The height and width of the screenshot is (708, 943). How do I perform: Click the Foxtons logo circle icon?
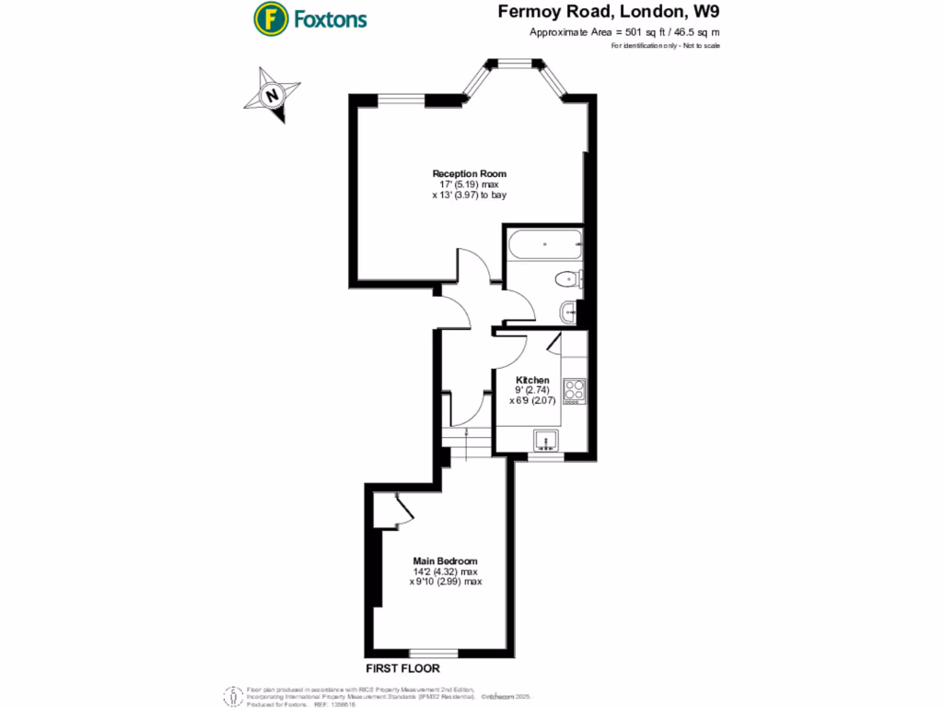269,18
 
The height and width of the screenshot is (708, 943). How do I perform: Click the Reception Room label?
470,173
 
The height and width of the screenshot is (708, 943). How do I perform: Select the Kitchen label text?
532,380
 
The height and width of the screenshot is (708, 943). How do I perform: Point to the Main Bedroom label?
445,561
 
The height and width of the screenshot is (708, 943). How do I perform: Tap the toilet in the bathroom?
565,279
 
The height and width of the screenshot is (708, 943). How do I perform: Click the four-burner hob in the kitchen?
576,390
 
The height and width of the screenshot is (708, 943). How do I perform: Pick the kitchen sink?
547,441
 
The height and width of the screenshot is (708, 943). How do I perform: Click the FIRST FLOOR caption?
402,668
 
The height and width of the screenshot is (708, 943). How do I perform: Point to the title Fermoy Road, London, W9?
609,12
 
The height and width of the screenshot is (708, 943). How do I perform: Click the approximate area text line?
624,32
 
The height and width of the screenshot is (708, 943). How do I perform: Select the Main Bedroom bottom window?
434,653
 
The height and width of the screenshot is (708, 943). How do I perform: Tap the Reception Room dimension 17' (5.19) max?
470,184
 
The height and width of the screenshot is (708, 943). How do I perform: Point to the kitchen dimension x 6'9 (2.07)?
532,401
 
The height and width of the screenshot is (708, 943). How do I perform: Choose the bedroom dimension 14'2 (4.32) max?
445,572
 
